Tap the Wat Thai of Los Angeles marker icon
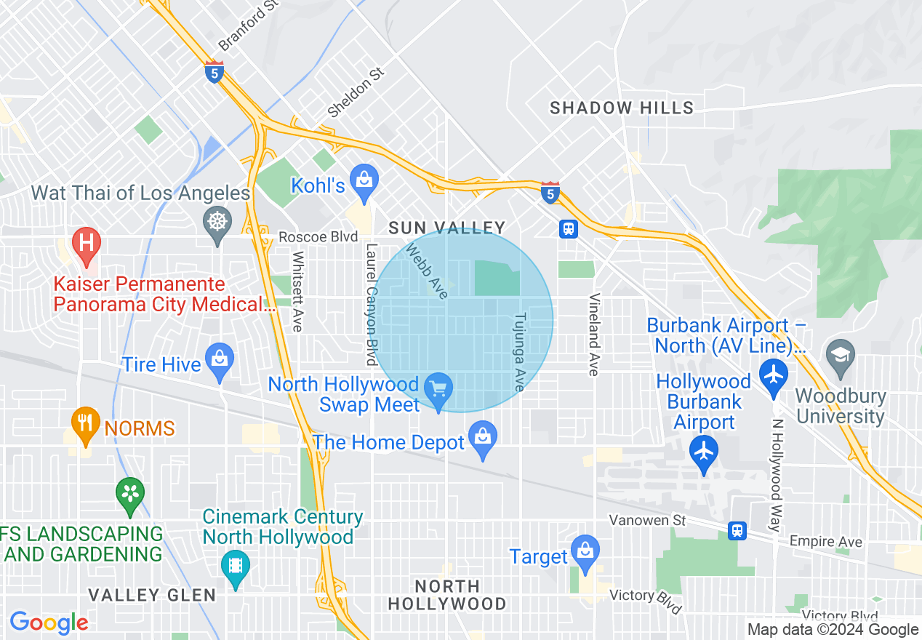coord(217,219)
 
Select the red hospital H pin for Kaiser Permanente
coord(87,241)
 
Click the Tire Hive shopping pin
coord(219,359)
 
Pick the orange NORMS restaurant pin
coord(86,421)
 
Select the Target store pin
coord(585,550)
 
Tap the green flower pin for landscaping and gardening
coord(130,494)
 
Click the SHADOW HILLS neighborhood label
coord(622,108)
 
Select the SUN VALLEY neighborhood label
coord(446,228)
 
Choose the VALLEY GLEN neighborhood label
coord(152,595)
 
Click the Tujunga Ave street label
coord(519,352)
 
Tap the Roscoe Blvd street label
coord(318,237)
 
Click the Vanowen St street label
coord(648,520)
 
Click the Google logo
coord(49,623)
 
